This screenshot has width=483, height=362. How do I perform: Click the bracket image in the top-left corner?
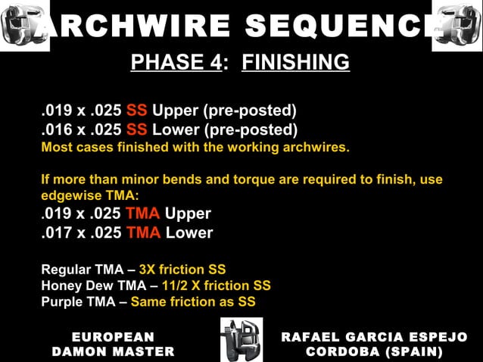(x=23, y=26)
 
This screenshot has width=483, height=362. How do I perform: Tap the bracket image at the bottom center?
(x=241, y=339)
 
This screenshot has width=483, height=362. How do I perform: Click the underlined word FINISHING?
(x=295, y=62)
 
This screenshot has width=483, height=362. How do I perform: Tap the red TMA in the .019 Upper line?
(x=143, y=214)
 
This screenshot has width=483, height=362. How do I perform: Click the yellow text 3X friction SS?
(x=182, y=269)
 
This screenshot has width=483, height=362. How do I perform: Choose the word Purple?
(x=61, y=301)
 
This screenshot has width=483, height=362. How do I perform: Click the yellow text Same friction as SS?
(x=193, y=301)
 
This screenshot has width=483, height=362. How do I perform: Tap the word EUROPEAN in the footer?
(x=113, y=337)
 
